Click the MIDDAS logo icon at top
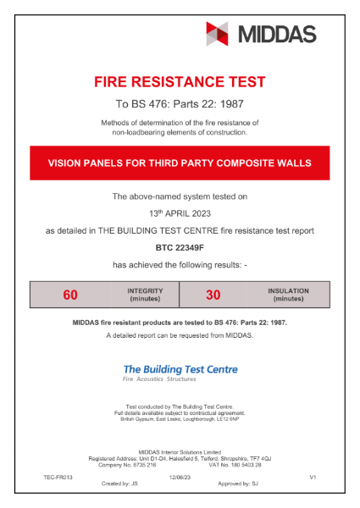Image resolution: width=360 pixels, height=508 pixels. pos(218,33)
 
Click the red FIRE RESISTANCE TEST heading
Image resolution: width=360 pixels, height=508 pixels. pos(180,82)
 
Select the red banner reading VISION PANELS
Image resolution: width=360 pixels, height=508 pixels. pos(180,161)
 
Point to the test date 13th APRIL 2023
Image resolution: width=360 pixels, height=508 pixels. pos(180,213)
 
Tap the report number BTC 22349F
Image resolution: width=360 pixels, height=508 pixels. pos(180,248)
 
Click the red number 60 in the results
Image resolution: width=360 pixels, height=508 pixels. pos(70,295)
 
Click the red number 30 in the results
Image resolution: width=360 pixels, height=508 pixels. pos(213,295)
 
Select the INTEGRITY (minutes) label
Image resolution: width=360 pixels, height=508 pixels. pos(146,295)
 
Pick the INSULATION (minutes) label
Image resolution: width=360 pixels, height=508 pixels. pos(288,295)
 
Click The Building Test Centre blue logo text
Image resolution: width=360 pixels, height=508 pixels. pos(180,369)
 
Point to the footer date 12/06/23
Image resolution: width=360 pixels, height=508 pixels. pos(180,478)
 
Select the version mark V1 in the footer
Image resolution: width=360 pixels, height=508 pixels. pos(313,478)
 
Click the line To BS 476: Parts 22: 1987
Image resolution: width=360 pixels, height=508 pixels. pos(180,105)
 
